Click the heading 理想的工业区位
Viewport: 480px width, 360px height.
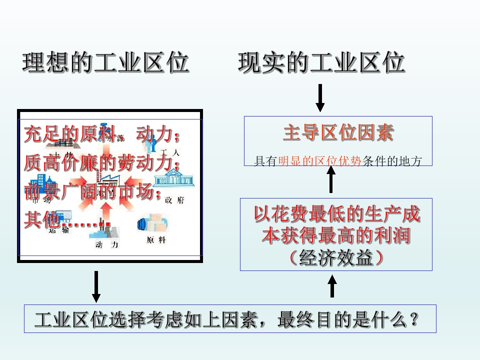[x=105, y=63]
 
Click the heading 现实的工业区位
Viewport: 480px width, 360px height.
[x=321, y=63]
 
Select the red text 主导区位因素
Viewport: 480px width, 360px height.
[x=338, y=133]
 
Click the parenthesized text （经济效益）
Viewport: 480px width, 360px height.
[x=336, y=257]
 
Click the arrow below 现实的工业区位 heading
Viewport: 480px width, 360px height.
[x=320, y=97]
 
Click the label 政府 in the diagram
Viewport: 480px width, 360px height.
[x=174, y=200]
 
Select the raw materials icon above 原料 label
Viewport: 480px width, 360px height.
[x=152, y=223]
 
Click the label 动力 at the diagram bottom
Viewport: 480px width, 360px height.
[x=107, y=244]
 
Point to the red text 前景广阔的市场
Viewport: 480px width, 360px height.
[x=93, y=192]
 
